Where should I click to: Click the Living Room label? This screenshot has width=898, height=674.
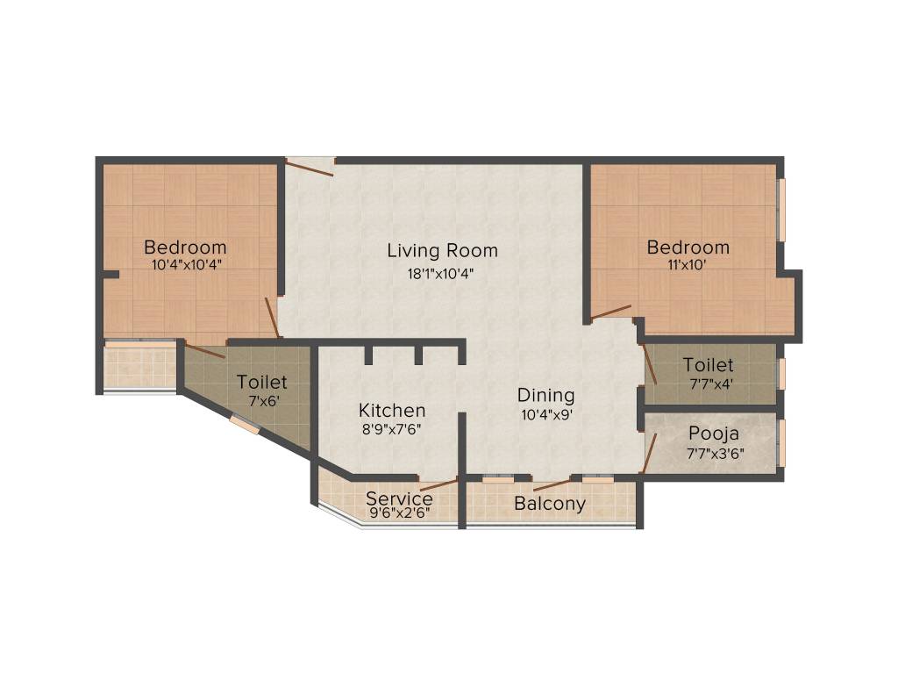(442, 250)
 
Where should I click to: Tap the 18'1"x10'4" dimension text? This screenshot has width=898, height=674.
(442, 272)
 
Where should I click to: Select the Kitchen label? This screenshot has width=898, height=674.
(392, 410)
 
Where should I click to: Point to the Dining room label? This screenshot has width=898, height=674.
(545, 395)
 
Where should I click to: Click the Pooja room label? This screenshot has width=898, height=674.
(713, 434)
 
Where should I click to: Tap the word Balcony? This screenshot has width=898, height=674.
(550, 504)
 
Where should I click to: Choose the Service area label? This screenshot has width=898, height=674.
(399, 498)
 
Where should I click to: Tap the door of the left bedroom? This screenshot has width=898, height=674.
(273, 318)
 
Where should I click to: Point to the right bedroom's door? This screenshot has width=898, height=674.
(610, 311)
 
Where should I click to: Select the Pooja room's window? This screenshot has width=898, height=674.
(781, 443)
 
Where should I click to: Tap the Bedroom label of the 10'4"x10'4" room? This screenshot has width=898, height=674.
(185, 247)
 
